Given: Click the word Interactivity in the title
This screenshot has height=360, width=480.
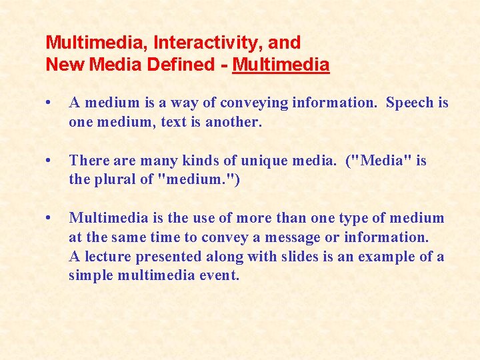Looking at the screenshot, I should (x=207, y=43).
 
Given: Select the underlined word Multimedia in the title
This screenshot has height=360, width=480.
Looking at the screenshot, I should (x=281, y=65).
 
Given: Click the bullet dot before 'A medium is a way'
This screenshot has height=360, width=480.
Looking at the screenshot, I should (x=49, y=103).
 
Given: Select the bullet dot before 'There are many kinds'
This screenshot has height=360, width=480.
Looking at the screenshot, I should (x=49, y=161).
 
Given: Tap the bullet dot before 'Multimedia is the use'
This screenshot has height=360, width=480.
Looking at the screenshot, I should (x=49, y=218).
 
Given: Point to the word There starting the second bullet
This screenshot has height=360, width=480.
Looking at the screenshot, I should (x=88, y=161).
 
